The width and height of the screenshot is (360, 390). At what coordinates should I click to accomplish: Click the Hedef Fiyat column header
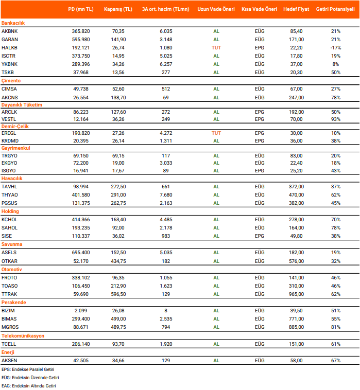coord(296,10)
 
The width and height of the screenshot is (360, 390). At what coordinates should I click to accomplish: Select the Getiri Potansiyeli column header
coord(335,10)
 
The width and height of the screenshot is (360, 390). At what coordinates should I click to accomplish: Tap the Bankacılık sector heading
coord(13,23)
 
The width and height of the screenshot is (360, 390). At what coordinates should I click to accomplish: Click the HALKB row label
coord(10,47)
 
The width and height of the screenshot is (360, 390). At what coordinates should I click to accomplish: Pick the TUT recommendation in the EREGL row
coord(216,133)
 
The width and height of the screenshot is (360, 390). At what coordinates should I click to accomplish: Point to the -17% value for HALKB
coord(335,47)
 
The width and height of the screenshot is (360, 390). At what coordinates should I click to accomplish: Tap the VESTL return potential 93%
coord(335,119)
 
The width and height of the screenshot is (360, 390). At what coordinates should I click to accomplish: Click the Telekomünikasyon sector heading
coord(23,335)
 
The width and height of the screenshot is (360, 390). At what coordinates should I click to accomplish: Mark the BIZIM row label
coord(8,310)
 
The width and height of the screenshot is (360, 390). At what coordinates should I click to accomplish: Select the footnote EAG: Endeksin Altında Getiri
coord(28,385)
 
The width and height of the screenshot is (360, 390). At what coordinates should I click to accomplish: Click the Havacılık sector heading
coord(12,178)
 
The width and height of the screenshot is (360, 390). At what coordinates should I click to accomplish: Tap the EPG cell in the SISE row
coord(259,236)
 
